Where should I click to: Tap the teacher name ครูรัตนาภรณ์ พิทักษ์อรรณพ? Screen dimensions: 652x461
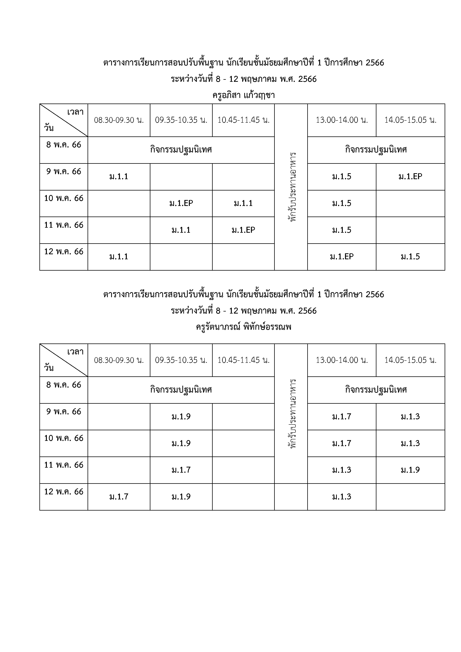(244, 327)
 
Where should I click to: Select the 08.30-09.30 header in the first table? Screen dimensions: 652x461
(119, 120)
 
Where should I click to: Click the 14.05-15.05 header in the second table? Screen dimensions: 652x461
(410, 360)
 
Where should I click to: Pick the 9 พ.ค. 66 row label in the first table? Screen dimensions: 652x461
(64, 172)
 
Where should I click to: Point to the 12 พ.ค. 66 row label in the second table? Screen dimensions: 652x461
(64, 492)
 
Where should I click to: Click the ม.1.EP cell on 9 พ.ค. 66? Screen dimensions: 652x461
(410, 177)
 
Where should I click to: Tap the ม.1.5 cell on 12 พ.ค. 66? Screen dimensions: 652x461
(410, 257)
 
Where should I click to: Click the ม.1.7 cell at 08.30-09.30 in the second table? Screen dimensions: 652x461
(119, 497)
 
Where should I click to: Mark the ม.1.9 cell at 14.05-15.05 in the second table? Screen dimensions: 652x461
(410, 470)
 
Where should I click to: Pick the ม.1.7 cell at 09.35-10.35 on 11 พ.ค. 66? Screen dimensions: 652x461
(181, 470)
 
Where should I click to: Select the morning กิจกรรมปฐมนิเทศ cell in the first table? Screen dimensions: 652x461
(181, 150)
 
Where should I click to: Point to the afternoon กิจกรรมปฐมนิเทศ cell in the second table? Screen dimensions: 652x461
(376, 390)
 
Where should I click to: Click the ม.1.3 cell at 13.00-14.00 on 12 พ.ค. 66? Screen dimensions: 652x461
(341, 497)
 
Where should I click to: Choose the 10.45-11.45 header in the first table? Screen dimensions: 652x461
(244, 120)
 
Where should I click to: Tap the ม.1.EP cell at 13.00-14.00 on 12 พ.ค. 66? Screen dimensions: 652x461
(341, 257)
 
